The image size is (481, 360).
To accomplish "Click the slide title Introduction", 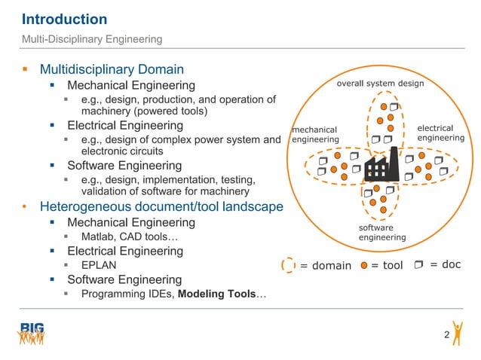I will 64,19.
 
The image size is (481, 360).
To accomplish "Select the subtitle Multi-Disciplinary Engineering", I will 91,38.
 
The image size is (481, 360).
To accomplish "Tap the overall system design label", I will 380,84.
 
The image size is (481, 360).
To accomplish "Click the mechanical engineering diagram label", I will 316,135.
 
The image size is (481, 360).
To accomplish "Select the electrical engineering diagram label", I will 440,133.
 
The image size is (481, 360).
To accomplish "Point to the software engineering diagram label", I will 381,232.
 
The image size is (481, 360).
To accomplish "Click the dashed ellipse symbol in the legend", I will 288,264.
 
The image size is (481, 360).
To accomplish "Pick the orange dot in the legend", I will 364,265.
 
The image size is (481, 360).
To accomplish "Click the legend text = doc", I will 445,264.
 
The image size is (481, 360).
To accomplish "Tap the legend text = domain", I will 326,265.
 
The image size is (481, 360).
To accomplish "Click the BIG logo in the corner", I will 32,333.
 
